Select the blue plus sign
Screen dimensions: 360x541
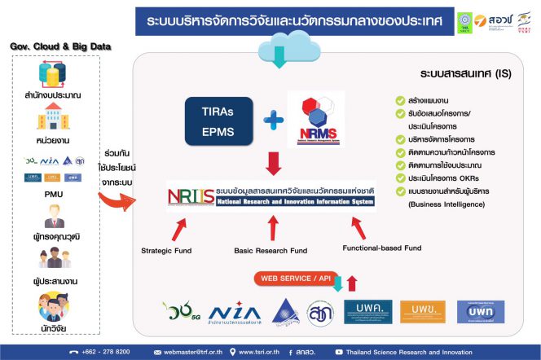pyautogui.click(x=273, y=121)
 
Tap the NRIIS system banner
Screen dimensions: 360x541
pyautogui.click(x=270, y=195)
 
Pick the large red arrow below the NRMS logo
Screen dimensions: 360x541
pyautogui.click(x=274, y=164)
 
